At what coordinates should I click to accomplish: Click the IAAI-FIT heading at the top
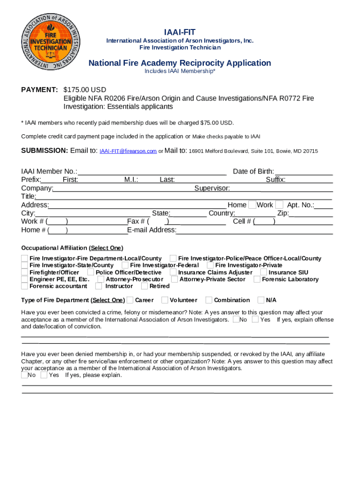[180, 32]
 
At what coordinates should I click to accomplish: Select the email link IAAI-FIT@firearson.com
[128, 151]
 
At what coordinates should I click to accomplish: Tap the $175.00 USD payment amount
[85, 90]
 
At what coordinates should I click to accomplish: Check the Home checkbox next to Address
[252, 205]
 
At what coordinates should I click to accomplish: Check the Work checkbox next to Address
[279, 205]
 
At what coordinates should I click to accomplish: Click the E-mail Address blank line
[254, 230]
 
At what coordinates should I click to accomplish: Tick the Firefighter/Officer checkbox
[24, 272]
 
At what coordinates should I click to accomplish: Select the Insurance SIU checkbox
[264, 272]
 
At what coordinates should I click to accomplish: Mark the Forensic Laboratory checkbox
[257, 279]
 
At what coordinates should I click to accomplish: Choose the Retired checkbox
[144, 286]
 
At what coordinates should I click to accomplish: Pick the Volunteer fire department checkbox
[165, 300]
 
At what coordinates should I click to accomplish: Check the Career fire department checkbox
[130, 300]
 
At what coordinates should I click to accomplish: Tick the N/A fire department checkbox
[261, 300]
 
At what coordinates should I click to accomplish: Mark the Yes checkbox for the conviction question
[255, 319]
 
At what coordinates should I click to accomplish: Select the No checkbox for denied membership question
[24, 375]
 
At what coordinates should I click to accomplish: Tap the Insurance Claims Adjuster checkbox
[173, 272]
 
